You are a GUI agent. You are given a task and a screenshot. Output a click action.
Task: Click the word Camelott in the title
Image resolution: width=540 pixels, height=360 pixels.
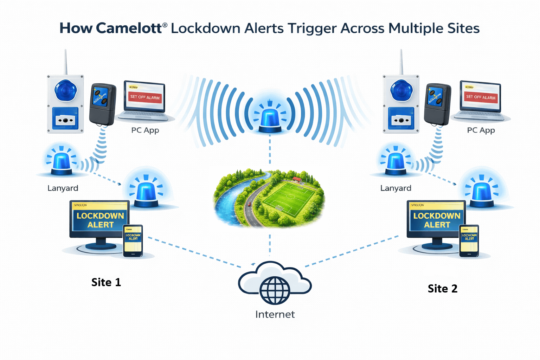[129, 28]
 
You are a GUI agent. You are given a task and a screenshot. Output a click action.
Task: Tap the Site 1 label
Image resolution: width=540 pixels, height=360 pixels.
[106, 282]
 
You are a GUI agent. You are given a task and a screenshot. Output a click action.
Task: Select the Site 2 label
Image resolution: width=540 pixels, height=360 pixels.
[443, 289]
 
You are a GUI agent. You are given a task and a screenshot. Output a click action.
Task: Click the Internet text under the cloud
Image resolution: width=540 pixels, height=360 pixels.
[275, 314]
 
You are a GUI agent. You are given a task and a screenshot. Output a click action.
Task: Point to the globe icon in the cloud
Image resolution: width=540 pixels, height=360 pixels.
[275, 290]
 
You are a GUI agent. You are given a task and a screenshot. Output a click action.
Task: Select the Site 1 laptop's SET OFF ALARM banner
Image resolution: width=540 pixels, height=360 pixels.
[145, 97]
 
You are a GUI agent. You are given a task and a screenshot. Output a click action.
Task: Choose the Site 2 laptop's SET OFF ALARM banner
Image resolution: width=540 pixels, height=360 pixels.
[481, 97]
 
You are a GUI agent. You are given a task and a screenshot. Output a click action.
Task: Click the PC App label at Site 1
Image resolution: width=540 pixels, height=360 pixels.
[145, 130]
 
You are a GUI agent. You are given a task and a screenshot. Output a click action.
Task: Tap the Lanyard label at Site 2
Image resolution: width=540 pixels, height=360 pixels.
[396, 188]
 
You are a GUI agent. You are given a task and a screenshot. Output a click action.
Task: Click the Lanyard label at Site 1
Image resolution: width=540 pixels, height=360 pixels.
[63, 188]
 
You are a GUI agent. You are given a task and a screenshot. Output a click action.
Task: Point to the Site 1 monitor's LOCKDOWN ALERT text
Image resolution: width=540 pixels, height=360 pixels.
[100, 220]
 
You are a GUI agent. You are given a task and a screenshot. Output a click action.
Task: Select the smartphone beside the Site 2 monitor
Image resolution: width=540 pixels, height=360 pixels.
[469, 241]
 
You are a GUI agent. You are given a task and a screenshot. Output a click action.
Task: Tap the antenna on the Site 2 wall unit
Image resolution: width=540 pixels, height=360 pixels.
[401, 62]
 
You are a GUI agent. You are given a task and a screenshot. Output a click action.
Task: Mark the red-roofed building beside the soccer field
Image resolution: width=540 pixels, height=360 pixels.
[297, 180]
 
